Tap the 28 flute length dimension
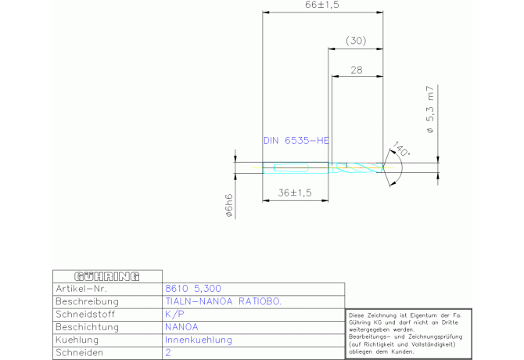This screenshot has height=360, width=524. pos(356,70)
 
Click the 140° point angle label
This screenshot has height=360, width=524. pos(402,149)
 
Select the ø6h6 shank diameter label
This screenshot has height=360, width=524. pos(229,205)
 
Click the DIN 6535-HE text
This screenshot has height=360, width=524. pos(296,141)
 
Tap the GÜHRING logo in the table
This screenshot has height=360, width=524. pos(106,276)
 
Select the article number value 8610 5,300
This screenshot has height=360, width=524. pos(193,289)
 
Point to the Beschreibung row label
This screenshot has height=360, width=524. pos(87,301)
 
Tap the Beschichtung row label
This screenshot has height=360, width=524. pos(87,327)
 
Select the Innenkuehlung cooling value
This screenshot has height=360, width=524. pos(199,340)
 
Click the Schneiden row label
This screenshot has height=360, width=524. pos(79,353)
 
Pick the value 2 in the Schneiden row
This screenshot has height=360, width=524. pos(168,353)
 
